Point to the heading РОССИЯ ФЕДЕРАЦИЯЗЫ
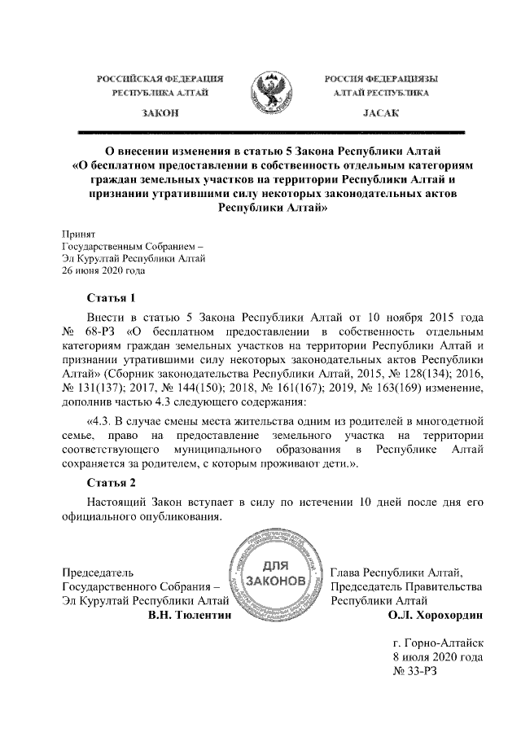(x=380, y=78)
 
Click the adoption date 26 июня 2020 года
(x=104, y=272)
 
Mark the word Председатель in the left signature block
(x=99, y=572)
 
